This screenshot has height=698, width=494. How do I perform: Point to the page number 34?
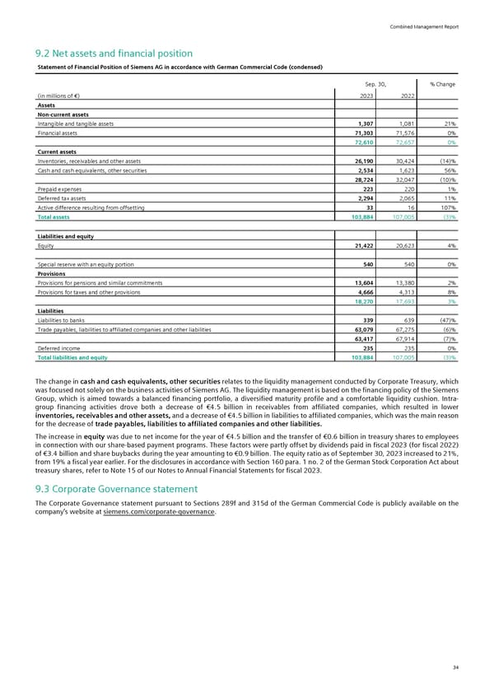(455, 667)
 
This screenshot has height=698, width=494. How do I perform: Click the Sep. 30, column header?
(375, 84)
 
